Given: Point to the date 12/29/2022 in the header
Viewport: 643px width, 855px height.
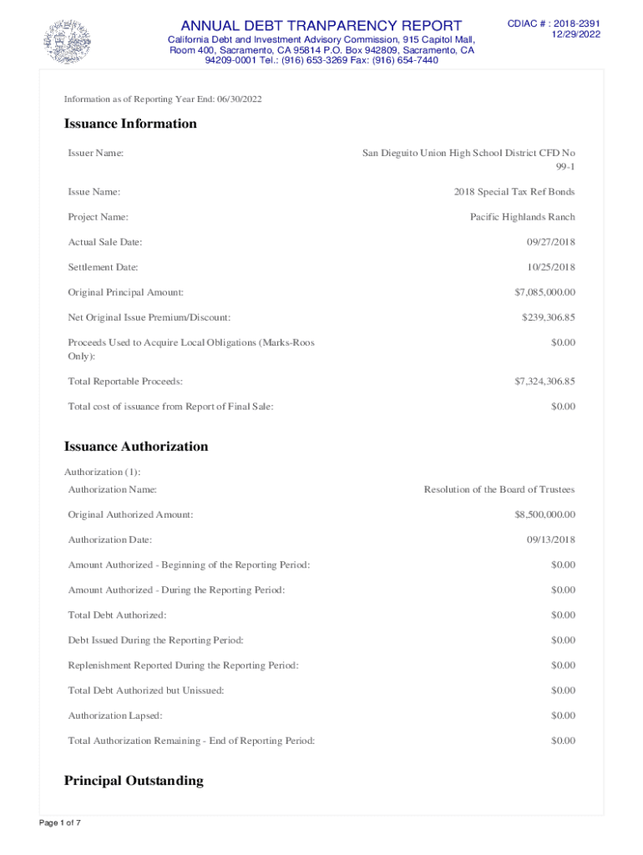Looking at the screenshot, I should tap(576, 34).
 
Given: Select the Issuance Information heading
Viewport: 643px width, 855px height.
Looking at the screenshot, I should tap(130, 124).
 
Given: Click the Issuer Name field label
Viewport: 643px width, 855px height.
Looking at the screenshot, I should tap(96, 153).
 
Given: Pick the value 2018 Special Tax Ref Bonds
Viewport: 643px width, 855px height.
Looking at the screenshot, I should tap(514, 192).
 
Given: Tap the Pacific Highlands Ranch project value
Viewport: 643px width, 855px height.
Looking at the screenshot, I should tap(522, 217).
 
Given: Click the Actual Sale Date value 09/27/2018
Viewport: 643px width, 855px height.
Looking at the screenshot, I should tap(550, 242).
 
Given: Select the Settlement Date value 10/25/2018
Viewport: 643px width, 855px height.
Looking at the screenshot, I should tap(550, 267).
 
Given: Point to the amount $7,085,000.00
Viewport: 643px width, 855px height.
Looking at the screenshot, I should tap(544, 292).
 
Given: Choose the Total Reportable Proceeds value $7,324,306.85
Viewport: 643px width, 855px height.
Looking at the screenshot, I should tap(544, 382).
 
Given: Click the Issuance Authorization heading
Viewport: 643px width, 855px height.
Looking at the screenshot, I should tap(136, 446).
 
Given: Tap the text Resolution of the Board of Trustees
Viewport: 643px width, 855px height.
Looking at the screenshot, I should tap(499, 489).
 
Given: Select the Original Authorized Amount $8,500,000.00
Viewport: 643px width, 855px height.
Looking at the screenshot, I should tap(544, 514).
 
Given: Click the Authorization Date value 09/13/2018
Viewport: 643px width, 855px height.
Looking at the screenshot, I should tap(550, 539).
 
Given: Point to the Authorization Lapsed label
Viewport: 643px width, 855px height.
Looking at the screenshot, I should tap(115, 716).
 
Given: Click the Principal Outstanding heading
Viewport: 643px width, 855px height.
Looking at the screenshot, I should tap(134, 781).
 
